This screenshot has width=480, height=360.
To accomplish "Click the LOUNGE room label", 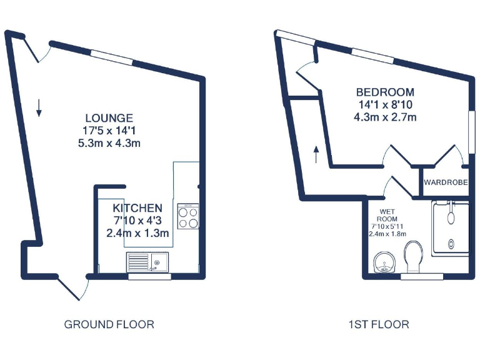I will pos(109,117).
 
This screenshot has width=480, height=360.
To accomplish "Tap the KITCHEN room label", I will pos(137,208).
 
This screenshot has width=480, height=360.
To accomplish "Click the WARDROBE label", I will pos(446,183).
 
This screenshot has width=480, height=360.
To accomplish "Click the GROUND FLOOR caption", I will pos(109,324).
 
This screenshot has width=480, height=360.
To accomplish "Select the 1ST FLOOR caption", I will pos(379,324).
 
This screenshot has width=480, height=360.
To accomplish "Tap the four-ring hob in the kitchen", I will pos(188,216).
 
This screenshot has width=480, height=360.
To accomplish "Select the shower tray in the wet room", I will pos(450,228).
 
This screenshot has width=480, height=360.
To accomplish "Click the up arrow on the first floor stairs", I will pos(316,154).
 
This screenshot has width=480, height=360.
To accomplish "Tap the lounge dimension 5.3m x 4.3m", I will pos(109,142).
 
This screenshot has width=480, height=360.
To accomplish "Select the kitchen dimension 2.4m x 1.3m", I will pos(138,233).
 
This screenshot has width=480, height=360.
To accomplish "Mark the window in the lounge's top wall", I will pos(112,57).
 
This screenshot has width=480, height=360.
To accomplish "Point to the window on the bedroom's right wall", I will pos(469,131).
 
